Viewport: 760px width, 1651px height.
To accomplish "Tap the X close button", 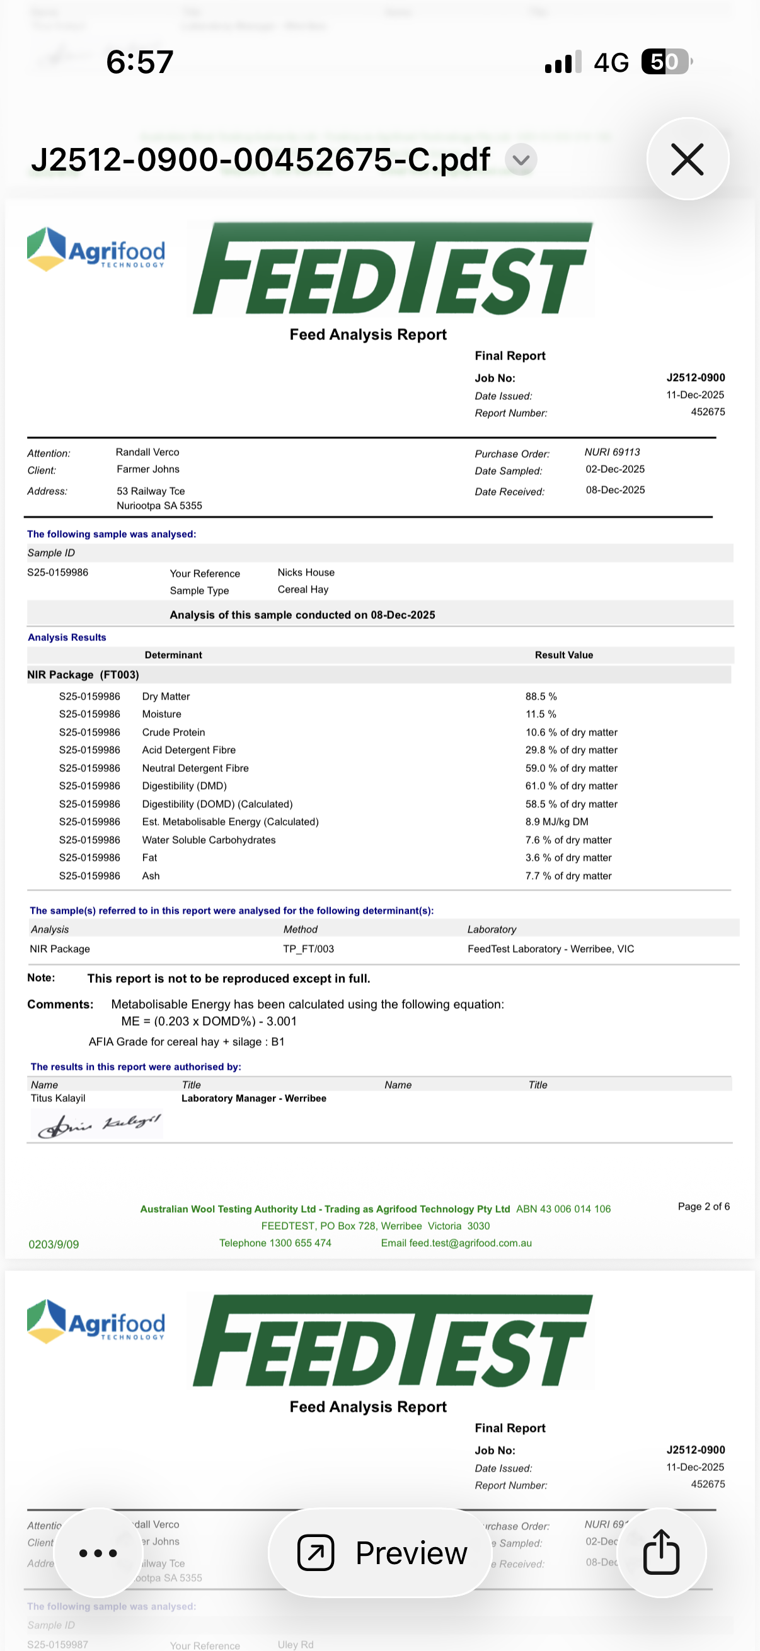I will pos(687,159).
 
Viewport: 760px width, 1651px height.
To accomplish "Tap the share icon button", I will pos(660,1552).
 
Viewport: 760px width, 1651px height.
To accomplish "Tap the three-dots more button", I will pos(98,1552).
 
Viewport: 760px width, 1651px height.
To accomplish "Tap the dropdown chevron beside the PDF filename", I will pos(521,159).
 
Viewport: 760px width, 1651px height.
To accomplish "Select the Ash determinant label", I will pos(151,875).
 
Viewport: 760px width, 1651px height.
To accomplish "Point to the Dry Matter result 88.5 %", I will pos(541,696).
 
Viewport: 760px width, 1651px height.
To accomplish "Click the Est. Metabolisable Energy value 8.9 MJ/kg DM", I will pos(556,822).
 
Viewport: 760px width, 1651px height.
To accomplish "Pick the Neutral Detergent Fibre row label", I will pos(195,768).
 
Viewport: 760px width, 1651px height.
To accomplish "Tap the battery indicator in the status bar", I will pos(666,62).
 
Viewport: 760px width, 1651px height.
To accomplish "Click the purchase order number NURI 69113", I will pos(612,452).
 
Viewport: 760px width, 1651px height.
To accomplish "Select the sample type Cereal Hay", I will pos(302,589).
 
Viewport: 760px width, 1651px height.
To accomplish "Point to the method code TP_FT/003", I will pos(309,948).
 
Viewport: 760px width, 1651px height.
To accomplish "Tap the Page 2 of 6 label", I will pos(703,1206).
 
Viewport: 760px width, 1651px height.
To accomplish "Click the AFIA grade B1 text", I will pos(278,1041).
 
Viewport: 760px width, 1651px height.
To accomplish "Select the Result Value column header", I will pos(564,655).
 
